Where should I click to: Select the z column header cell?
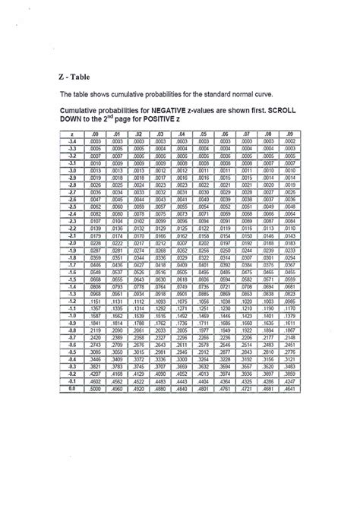(x=70, y=134)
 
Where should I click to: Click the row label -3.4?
(x=70, y=141)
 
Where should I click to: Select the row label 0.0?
(x=70, y=388)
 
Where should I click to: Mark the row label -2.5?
(x=70, y=206)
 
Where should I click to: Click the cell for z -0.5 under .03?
(x=160, y=352)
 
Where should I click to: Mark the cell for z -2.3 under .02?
(x=138, y=220)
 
